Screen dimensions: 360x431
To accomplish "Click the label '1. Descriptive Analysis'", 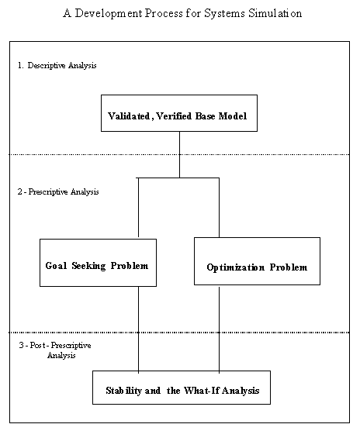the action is [57, 65].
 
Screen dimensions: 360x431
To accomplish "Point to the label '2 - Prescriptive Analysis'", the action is [58, 191].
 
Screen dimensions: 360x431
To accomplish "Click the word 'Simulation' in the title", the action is [275, 13].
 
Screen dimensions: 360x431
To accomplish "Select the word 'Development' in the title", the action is [109, 14].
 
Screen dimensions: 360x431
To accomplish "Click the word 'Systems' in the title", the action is [224, 14].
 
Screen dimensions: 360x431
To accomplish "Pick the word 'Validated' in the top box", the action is [129, 116].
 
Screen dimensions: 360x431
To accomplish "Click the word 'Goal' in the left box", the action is [56, 266].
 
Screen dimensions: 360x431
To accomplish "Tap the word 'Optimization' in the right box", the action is [236, 267].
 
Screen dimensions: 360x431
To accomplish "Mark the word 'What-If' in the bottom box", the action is [201, 391].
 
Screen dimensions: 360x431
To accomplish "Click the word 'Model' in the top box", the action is [233, 116].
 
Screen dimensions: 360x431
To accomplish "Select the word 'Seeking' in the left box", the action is [88, 266].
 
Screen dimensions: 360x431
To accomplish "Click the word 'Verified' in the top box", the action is [174, 116].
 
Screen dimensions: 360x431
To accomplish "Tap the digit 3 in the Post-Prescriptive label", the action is [21, 345].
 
